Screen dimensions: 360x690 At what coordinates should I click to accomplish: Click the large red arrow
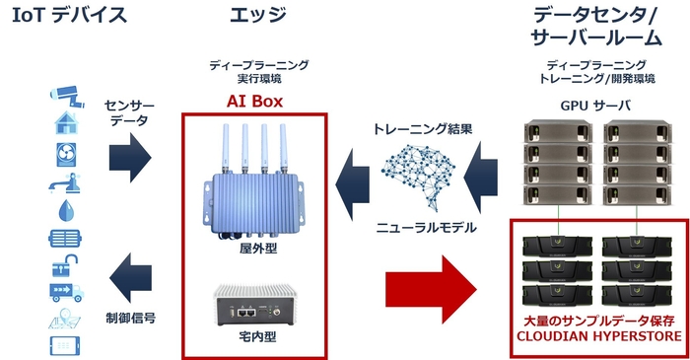pos(429,283)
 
